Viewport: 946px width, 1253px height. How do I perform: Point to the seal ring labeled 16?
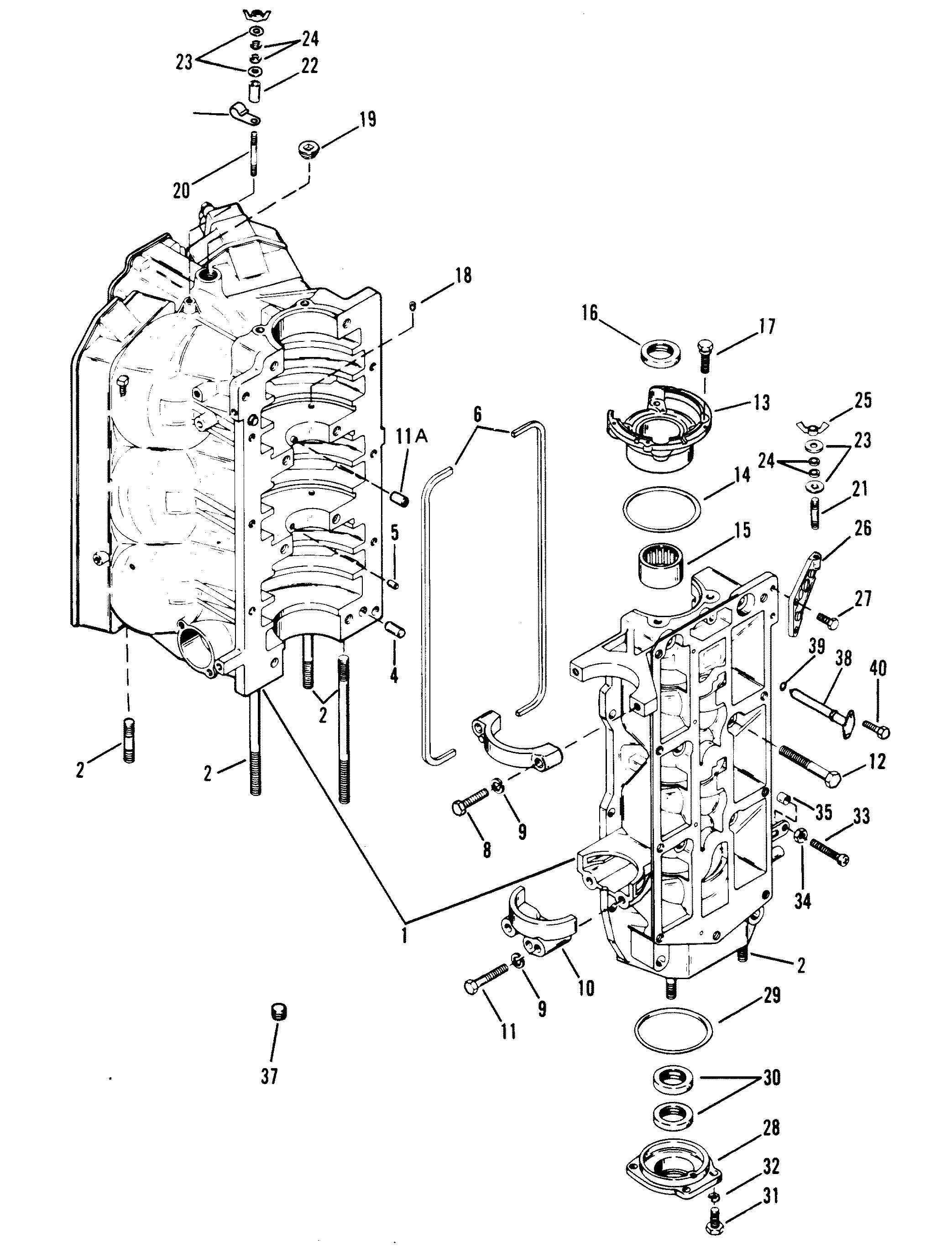click(x=660, y=355)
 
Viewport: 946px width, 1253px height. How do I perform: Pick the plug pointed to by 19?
click(x=309, y=151)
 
